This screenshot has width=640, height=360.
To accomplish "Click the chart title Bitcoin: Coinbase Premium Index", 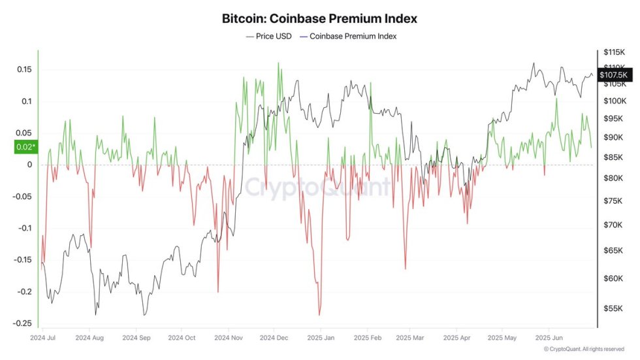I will coord(319,19).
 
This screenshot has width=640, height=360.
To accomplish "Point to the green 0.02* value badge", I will coord(24,147).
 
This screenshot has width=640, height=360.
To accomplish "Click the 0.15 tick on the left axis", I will coord(24,70).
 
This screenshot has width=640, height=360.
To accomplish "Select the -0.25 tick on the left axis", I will coord(23,323).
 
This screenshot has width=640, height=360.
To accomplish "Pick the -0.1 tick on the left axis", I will coord(24,228).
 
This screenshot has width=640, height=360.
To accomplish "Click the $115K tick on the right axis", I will coord(615,52).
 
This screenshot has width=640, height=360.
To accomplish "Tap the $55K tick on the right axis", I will coord(613,308).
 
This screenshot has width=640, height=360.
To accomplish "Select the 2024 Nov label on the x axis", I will coord(228,338).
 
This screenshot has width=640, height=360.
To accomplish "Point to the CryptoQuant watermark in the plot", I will coord(318,188).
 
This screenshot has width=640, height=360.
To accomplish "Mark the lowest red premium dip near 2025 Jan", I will coord(320,316).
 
